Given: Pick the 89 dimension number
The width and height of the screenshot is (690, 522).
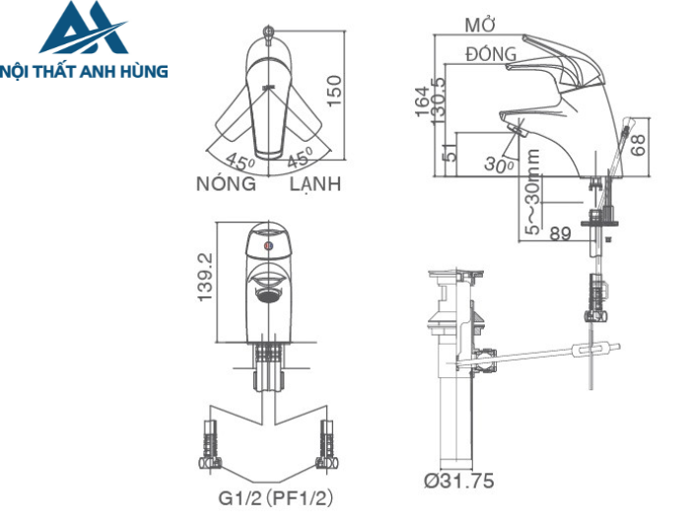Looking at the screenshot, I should click(561, 233).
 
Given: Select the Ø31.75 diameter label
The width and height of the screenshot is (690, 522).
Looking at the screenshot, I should click(458, 482).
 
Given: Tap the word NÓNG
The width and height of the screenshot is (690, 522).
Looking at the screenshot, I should click(226, 184).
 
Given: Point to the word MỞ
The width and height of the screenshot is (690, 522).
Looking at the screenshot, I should click(480, 25).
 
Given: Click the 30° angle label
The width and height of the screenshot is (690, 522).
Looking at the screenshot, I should click(500, 164).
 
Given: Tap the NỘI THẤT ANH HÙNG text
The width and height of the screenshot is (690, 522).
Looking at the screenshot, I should click(86, 71).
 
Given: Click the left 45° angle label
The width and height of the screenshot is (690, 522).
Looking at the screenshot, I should click(240, 161).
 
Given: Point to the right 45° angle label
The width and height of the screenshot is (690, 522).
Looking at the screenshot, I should click(300, 158).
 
